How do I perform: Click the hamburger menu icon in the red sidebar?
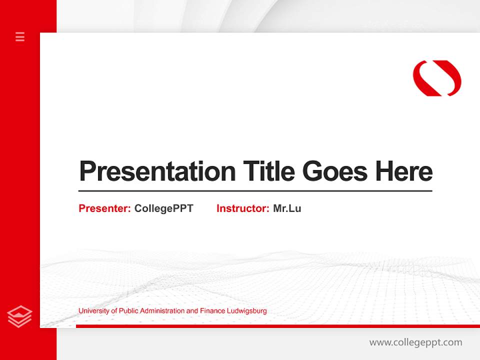pyautogui.click(x=20, y=36)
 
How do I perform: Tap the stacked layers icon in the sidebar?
pyautogui.click(x=20, y=316)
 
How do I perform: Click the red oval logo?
pyautogui.click(x=437, y=78)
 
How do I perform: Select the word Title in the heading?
pyautogui.click(x=268, y=171)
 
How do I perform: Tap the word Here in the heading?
pyautogui.click(x=404, y=171)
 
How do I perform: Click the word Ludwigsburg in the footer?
pyautogui.click(x=246, y=311)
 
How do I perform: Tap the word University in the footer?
pyautogui.click(x=93, y=311)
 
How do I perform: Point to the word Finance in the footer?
pyautogui.click(x=212, y=311)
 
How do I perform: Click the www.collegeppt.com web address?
pyautogui.click(x=415, y=342)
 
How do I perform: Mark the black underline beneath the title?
pyautogui.click(x=255, y=191)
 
